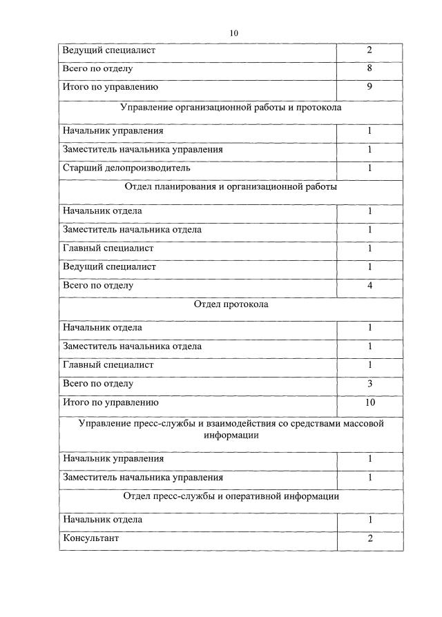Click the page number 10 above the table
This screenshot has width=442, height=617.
coord(233,33)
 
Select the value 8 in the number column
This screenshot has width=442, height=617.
coord(369,69)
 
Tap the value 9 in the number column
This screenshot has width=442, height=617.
coord(369,87)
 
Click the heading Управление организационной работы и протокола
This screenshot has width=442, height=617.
coord(231,108)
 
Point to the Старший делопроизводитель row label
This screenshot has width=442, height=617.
coord(126,168)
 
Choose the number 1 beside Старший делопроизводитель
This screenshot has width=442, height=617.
coord(369,168)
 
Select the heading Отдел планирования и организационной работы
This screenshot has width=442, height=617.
coord(231,187)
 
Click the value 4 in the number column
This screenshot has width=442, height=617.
coord(369,285)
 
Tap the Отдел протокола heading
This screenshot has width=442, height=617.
coord(231,304)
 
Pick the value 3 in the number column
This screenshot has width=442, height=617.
coord(369,384)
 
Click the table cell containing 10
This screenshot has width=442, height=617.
coord(369,402)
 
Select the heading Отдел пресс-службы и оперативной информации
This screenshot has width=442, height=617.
coord(231,496)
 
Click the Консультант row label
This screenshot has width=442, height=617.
coord(90,538)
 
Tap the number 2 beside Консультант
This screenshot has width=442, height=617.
coord(369,538)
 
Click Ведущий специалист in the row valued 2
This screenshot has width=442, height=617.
coord(109,50)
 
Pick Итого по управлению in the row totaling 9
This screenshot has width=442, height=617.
coord(110,87)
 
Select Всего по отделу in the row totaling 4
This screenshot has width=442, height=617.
coord(97,285)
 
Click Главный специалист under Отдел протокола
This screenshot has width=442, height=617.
coord(108,365)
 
